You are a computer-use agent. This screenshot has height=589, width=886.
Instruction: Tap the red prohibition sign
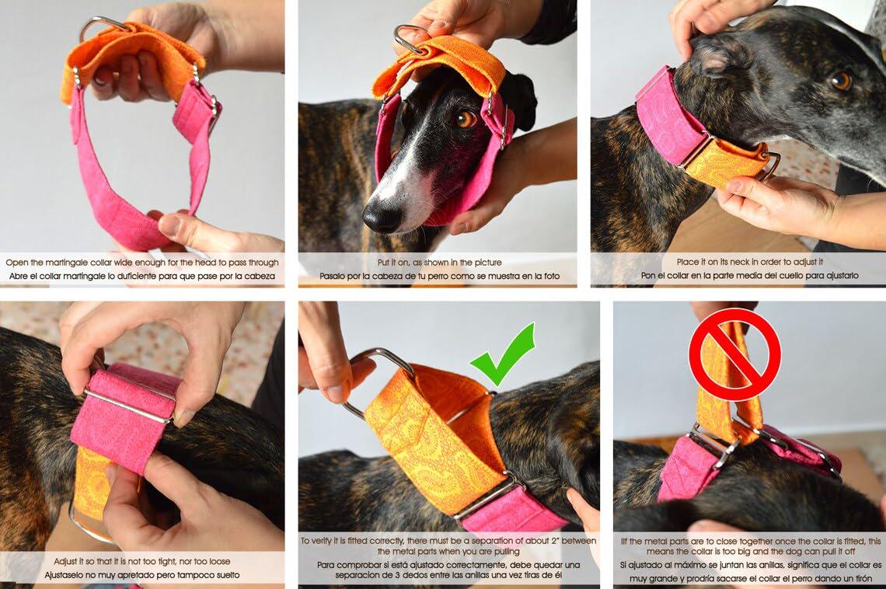(734, 354)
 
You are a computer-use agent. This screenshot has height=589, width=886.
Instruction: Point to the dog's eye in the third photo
(841, 81)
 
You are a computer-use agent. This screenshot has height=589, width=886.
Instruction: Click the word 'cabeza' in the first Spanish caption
(259, 276)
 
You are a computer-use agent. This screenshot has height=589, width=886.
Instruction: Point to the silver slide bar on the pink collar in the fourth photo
(127, 406)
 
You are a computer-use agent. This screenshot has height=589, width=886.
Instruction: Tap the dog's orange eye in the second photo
(466, 119)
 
